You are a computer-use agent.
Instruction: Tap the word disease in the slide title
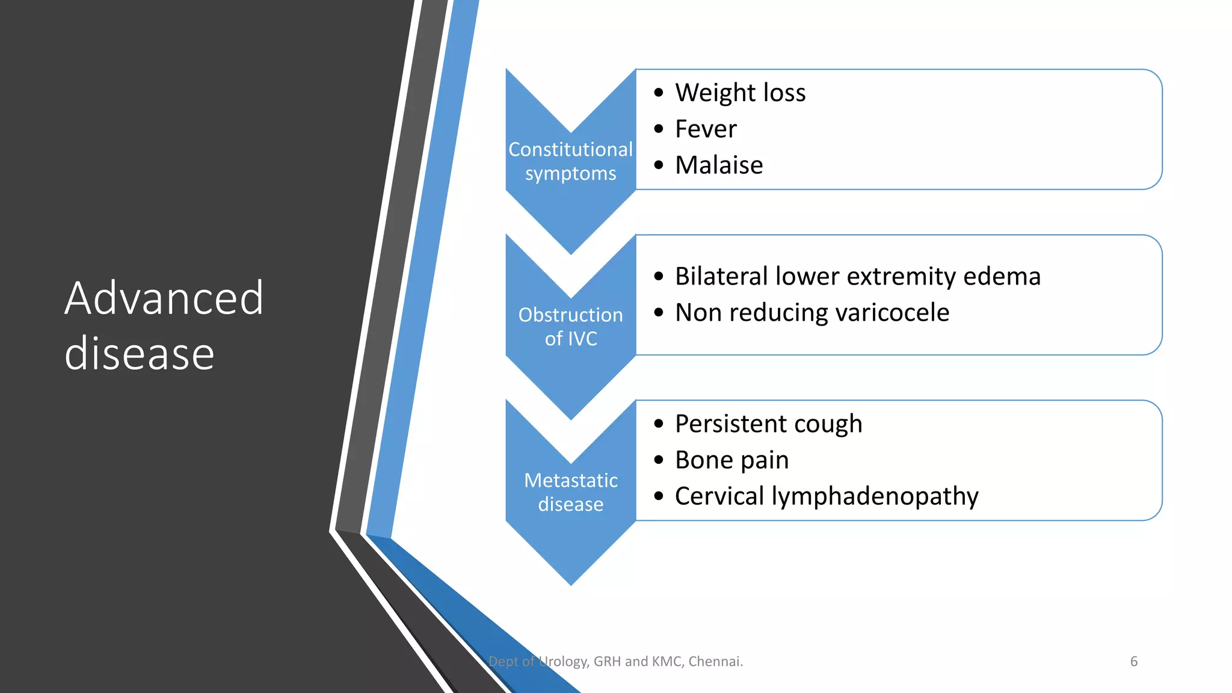tap(140, 354)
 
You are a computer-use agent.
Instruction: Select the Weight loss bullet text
tap(740, 93)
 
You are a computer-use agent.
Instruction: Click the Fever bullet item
tap(706, 129)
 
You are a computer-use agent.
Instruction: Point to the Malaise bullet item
tap(719, 165)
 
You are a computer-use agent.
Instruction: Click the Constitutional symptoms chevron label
tap(570, 161)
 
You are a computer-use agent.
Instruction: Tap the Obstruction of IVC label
tap(570, 327)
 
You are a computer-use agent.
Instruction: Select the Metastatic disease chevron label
tap(570, 492)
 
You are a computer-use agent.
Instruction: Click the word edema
tap(1002, 276)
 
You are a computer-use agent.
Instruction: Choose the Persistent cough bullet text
tap(768, 424)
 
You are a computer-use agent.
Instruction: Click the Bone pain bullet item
tap(731, 460)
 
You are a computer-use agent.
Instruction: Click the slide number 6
tap(1134, 662)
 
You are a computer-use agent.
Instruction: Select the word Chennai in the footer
tap(715, 662)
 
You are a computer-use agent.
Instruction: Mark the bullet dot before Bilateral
tap(659, 277)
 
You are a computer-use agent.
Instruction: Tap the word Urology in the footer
tap(563, 662)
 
